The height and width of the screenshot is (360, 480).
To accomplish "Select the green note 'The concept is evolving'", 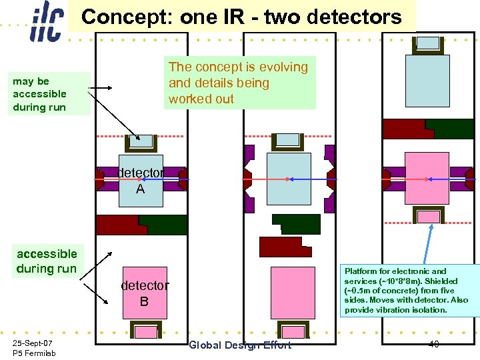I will pyautogui.click(x=238, y=83).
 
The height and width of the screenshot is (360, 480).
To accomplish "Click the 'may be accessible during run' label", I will pyautogui.click(x=40, y=94).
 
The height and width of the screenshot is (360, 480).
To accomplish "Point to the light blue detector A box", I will pyautogui.click(x=141, y=181).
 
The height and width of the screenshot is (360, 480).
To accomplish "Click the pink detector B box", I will pyautogui.click(x=145, y=294).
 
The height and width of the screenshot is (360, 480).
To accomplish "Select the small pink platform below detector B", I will pyautogui.click(x=145, y=330).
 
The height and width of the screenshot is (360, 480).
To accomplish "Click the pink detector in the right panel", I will pyautogui.click(x=427, y=179).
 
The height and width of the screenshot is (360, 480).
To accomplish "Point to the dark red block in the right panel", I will pyautogui.click(x=403, y=129).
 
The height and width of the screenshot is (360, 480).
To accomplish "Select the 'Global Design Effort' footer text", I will pyautogui.click(x=240, y=345).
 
